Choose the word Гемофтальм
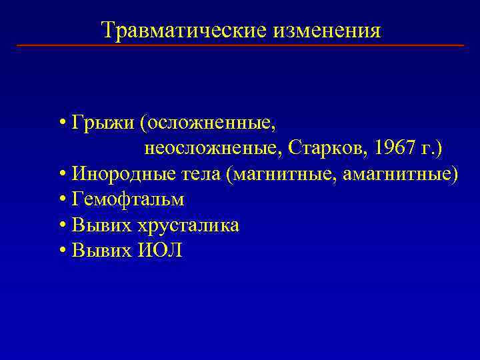click(x=128, y=199)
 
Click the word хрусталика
click(x=189, y=225)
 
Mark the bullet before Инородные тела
click(x=61, y=175)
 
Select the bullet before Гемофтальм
click(x=61, y=200)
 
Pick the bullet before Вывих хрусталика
click(x=61, y=226)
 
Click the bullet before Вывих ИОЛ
click(x=61, y=251)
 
